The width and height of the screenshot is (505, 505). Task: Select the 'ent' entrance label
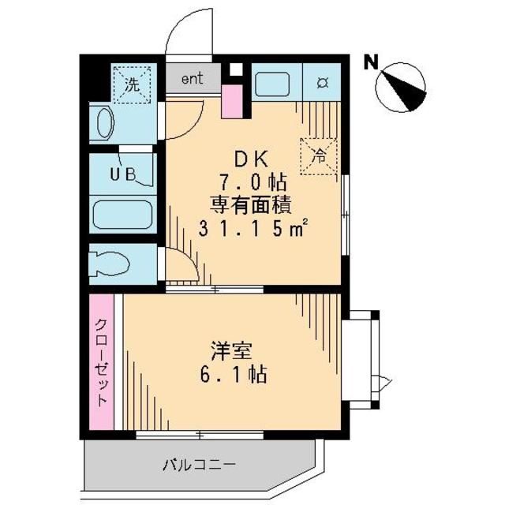coord(192,78)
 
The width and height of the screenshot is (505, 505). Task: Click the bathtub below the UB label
coord(121,215)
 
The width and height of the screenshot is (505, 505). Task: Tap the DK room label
coord(251,156)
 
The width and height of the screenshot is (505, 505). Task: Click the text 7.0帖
coord(252,181)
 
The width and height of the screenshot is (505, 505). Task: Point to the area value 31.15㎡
coord(252,230)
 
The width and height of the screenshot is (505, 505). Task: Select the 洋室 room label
coord(227,346)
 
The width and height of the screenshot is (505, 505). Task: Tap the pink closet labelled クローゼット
coord(101,362)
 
